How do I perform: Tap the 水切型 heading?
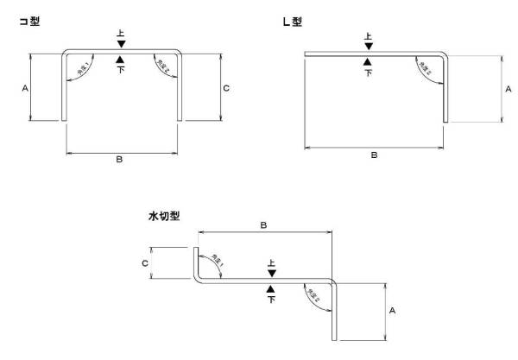[164, 217]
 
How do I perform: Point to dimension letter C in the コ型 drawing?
[225, 88]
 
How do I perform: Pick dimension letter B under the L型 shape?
[374, 155]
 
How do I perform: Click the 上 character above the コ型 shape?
[121, 34]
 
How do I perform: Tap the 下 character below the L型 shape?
[369, 73]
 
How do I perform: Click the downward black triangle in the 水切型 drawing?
[272, 274]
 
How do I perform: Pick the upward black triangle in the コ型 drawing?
[121, 60]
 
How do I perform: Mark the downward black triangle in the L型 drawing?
[369, 46]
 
